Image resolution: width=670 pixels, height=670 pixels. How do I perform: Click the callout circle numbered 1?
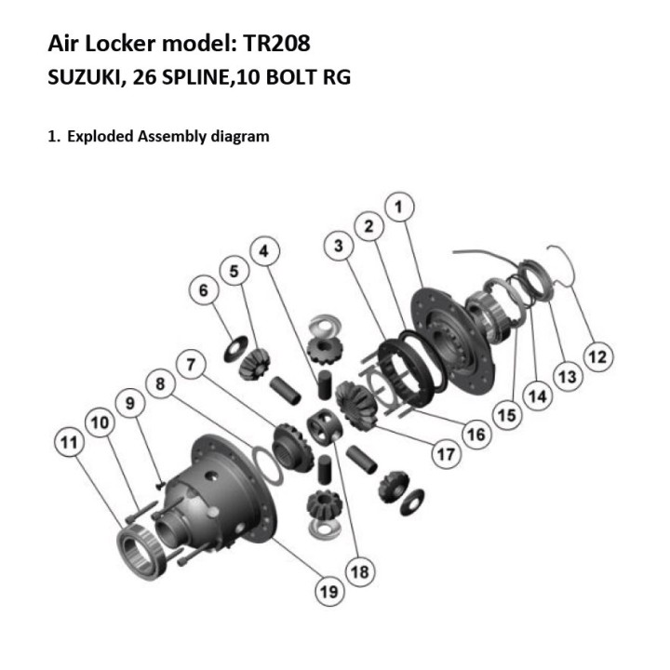(x=399, y=208)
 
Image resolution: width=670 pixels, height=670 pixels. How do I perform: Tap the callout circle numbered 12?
(x=598, y=356)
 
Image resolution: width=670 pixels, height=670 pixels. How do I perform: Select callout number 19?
(x=329, y=592)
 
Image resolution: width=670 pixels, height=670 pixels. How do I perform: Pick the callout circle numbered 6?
(x=204, y=290)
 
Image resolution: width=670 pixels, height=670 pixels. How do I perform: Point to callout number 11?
(x=70, y=442)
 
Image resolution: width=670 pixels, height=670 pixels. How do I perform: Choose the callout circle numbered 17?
(x=447, y=454)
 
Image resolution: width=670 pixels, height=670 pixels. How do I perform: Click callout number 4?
(x=265, y=251)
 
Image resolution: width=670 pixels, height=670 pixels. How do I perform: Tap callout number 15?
(x=507, y=415)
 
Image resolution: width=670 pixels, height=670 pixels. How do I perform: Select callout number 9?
(x=130, y=403)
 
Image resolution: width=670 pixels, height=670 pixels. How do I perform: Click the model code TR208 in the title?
(x=276, y=43)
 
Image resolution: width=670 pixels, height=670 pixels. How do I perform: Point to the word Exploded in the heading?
(x=100, y=136)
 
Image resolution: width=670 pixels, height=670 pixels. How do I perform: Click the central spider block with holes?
(x=325, y=426)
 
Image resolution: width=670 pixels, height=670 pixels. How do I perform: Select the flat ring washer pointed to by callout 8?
(x=268, y=465)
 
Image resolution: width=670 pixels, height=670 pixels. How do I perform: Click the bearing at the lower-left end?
(x=141, y=554)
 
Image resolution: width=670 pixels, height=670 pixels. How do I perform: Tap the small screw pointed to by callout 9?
(x=161, y=485)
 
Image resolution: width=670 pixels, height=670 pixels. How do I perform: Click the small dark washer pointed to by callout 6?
(x=235, y=349)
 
